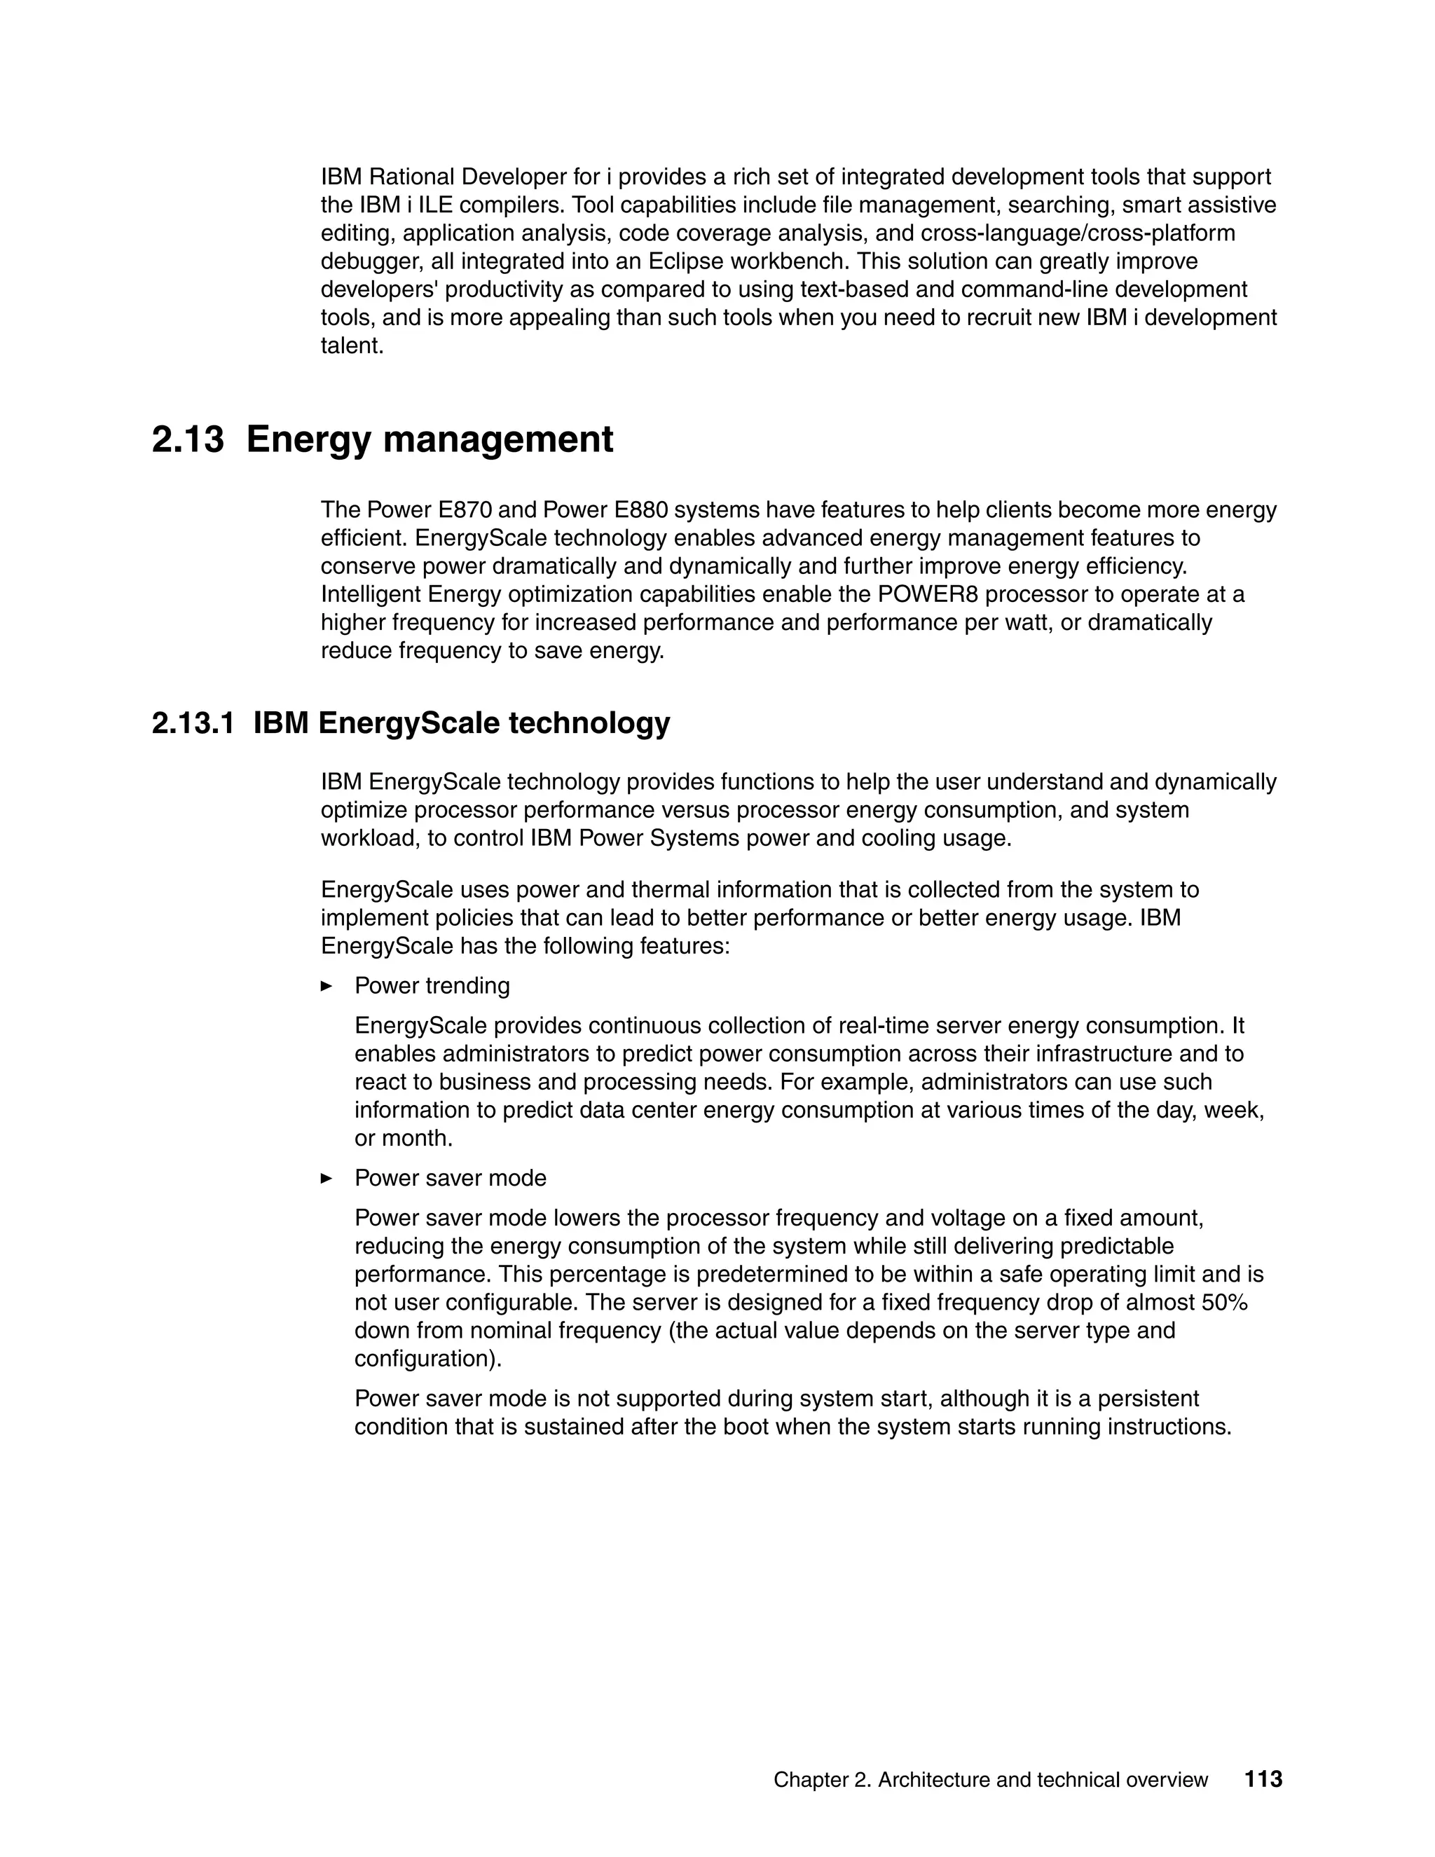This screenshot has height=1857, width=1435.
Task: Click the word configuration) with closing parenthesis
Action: (x=427, y=1359)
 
